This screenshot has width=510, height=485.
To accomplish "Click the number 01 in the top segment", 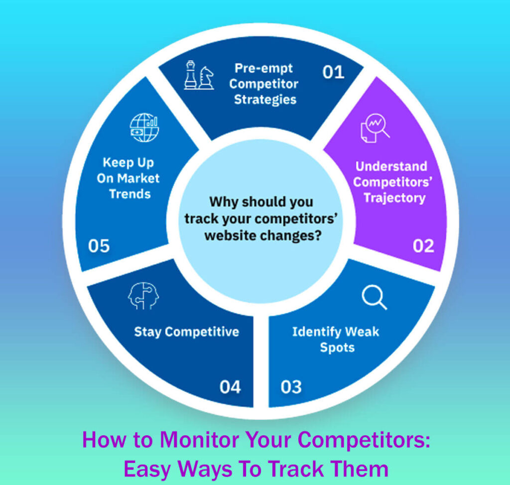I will click(x=333, y=72).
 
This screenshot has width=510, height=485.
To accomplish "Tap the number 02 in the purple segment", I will click(x=423, y=245).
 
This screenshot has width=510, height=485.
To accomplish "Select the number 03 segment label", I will click(x=291, y=386).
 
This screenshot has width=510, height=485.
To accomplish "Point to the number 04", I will click(x=230, y=386).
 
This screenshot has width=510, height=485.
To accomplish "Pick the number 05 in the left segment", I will click(x=99, y=245).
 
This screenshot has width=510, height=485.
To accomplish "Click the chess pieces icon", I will click(x=198, y=76).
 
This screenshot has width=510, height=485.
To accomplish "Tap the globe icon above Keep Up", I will click(x=144, y=127).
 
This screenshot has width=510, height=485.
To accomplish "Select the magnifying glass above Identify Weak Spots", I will click(x=374, y=297).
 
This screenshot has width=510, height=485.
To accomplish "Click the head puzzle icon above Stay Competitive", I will click(x=143, y=297).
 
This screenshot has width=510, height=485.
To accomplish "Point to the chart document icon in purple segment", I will click(x=375, y=128).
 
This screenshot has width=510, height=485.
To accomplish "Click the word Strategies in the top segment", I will click(x=265, y=99).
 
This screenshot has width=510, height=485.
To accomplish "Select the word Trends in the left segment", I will click(x=129, y=194).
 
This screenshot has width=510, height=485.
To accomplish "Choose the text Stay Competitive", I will click(x=186, y=332).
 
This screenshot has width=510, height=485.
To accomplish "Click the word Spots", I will click(x=337, y=348).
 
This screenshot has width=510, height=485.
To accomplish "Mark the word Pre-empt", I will click(x=264, y=68).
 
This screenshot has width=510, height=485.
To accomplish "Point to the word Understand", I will click(x=391, y=166).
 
